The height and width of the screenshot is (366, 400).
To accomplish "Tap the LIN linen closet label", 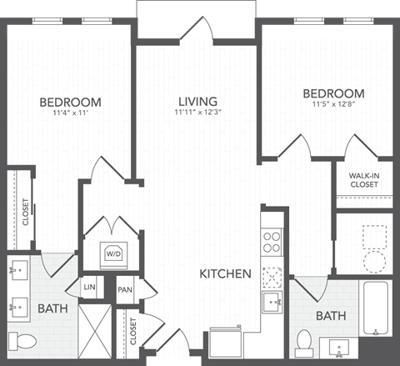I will (x=90, y=288).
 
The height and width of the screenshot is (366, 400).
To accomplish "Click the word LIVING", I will (x=197, y=101).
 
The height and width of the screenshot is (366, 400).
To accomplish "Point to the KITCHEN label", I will (x=225, y=273).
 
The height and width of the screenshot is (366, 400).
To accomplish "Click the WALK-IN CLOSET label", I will (x=364, y=179).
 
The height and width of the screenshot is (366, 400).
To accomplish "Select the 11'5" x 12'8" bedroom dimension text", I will (x=333, y=105).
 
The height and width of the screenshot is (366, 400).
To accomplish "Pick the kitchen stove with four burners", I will (x=272, y=242).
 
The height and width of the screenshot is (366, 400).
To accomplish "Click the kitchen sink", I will (x=272, y=300).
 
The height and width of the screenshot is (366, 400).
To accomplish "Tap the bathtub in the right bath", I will (x=376, y=308).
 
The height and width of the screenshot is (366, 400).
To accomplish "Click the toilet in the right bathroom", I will (x=305, y=342).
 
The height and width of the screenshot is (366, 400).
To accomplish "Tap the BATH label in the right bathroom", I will (x=331, y=316).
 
